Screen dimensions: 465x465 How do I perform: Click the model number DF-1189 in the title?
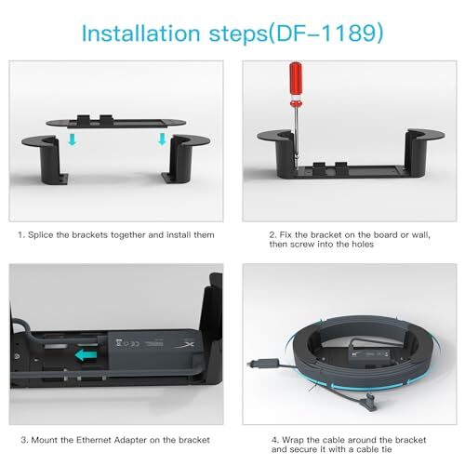[326, 33]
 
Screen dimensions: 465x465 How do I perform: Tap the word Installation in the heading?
[140, 33]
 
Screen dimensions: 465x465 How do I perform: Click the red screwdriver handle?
[296, 83]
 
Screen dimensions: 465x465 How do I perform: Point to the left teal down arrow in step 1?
[73, 139]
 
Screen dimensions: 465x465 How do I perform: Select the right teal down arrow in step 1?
[162, 139]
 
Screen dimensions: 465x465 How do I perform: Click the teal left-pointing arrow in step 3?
[86, 355]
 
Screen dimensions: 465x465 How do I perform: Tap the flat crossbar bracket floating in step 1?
[116, 122]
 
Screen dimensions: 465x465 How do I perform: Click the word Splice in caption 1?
[41, 235]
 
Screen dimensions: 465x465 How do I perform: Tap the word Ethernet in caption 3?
[94, 440]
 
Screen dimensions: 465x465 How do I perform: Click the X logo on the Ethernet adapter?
[187, 345]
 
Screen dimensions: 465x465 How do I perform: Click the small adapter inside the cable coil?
[369, 354]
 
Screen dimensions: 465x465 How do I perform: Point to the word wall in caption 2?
[420, 235]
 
